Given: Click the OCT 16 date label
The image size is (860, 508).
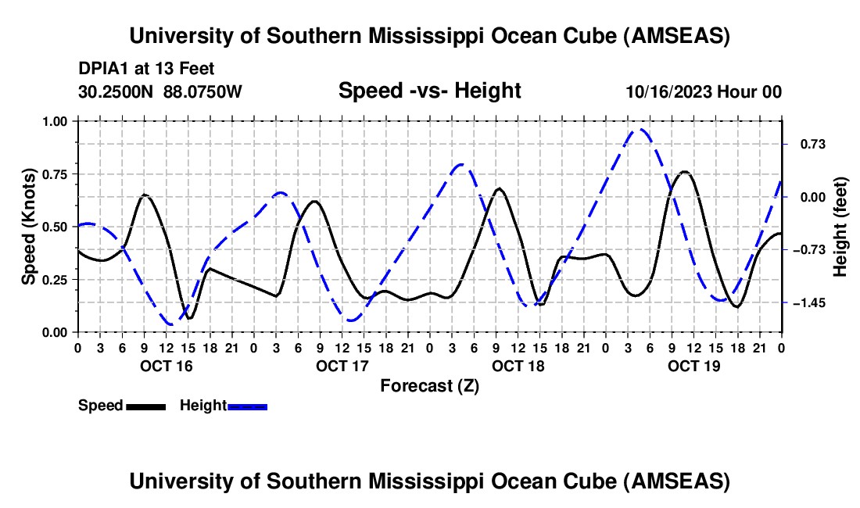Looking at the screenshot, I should tap(167, 366).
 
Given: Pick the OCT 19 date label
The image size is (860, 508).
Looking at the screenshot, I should tap(694, 366).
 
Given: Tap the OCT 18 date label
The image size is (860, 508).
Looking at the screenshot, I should tap(518, 366).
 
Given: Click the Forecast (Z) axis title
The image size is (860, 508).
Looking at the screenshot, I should tap(429, 385).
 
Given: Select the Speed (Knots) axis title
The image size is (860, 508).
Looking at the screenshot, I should tap(29, 227).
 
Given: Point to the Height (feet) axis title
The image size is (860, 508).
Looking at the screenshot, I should tap(840, 227).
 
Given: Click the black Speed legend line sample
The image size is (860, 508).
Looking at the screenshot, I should tap(145, 406).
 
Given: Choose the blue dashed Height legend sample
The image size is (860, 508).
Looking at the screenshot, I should tap(248, 406).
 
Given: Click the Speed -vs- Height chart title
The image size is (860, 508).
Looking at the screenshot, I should tap(429, 91).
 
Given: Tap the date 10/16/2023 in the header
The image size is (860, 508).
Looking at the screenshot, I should tap(668, 91).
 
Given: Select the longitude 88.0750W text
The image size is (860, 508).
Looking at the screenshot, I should tap(203, 91).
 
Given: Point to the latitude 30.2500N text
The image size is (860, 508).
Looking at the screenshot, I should tap(116, 91).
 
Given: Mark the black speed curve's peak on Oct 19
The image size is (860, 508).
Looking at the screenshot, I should tap(685, 171).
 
